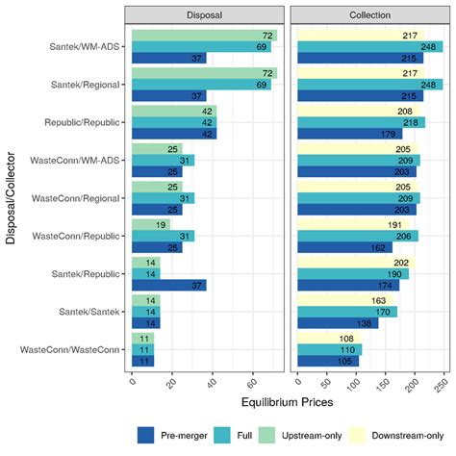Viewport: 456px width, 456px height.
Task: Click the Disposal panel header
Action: (205, 16)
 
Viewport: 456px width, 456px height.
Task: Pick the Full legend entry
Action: (224, 434)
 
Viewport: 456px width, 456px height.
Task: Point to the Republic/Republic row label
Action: (89, 122)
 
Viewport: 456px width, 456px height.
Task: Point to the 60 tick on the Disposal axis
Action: (254, 380)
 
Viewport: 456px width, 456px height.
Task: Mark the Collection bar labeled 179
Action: (350, 135)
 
